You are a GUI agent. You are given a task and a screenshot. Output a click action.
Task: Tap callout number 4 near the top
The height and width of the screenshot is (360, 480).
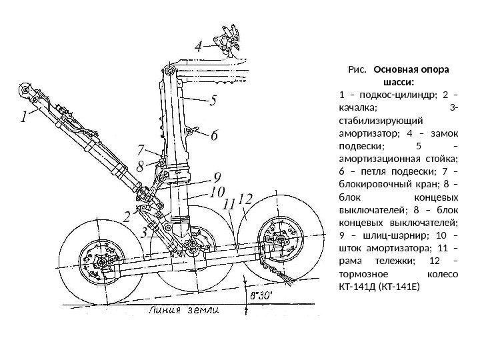[198, 48]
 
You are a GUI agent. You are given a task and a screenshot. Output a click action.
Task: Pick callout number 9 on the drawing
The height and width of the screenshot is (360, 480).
[217, 177]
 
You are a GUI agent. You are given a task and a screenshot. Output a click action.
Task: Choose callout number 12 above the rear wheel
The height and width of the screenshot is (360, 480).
[245, 199]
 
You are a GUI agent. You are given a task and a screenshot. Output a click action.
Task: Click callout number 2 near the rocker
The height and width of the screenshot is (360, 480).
[127, 216]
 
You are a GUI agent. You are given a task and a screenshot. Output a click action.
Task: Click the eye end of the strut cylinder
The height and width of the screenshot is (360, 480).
[26, 89]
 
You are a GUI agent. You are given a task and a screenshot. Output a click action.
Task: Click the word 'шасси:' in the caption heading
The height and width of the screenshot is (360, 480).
[399, 82]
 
